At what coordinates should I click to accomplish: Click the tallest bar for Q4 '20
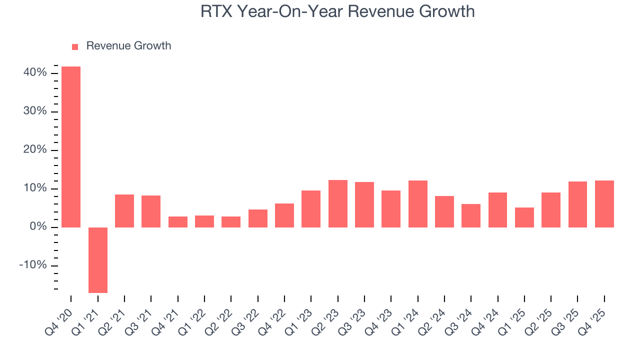pyautogui.click(x=71, y=147)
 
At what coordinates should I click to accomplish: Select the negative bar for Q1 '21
pyautogui.click(x=98, y=260)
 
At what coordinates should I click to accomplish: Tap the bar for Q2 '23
pyautogui.click(x=338, y=203)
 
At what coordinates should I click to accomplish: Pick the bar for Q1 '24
pyautogui.click(x=418, y=204)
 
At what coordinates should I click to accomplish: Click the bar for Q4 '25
pyautogui.click(x=604, y=204)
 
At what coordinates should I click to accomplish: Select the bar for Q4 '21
pyautogui.click(x=178, y=222)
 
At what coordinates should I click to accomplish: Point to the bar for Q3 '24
pyautogui.click(x=471, y=215)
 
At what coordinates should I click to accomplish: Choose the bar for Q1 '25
pyautogui.click(x=524, y=217)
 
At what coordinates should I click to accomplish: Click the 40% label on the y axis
pyautogui.click(x=35, y=73)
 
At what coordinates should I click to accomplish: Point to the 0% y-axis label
pyautogui.click(x=38, y=227)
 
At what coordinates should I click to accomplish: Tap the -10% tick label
pyautogui.click(x=33, y=265)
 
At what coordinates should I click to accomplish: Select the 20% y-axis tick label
pyautogui.click(x=35, y=150)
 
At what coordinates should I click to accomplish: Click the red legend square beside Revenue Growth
pyautogui.click(x=75, y=46)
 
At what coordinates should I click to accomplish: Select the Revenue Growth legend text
pyautogui.click(x=128, y=46)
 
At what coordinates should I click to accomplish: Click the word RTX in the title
pyautogui.click(x=216, y=11)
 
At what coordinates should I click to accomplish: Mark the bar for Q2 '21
pyautogui.click(x=124, y=211)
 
